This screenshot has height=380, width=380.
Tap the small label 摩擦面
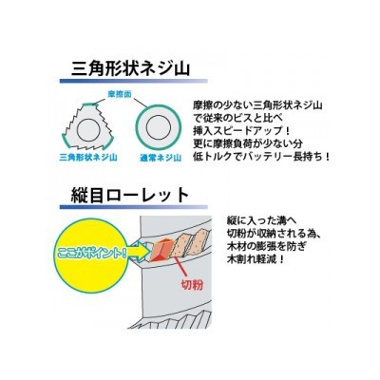coord(119,94)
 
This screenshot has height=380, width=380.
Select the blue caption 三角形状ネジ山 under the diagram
coord(88,158)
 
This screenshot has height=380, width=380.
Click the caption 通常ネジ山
coord(161,158)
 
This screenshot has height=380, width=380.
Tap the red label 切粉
coord(192,284)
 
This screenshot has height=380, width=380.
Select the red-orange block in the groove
coord(161,250)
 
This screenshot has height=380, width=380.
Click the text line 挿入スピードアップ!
coord(241,130)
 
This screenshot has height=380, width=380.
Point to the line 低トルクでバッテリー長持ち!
coord(261,156)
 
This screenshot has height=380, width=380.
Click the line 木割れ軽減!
coord(256,260)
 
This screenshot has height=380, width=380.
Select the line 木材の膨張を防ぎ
coord(266,247)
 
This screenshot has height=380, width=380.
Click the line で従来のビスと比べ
coord(237,118)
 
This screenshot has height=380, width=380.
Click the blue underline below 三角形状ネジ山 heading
coord(133,81)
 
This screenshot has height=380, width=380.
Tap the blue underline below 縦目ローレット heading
coord(133,207)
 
